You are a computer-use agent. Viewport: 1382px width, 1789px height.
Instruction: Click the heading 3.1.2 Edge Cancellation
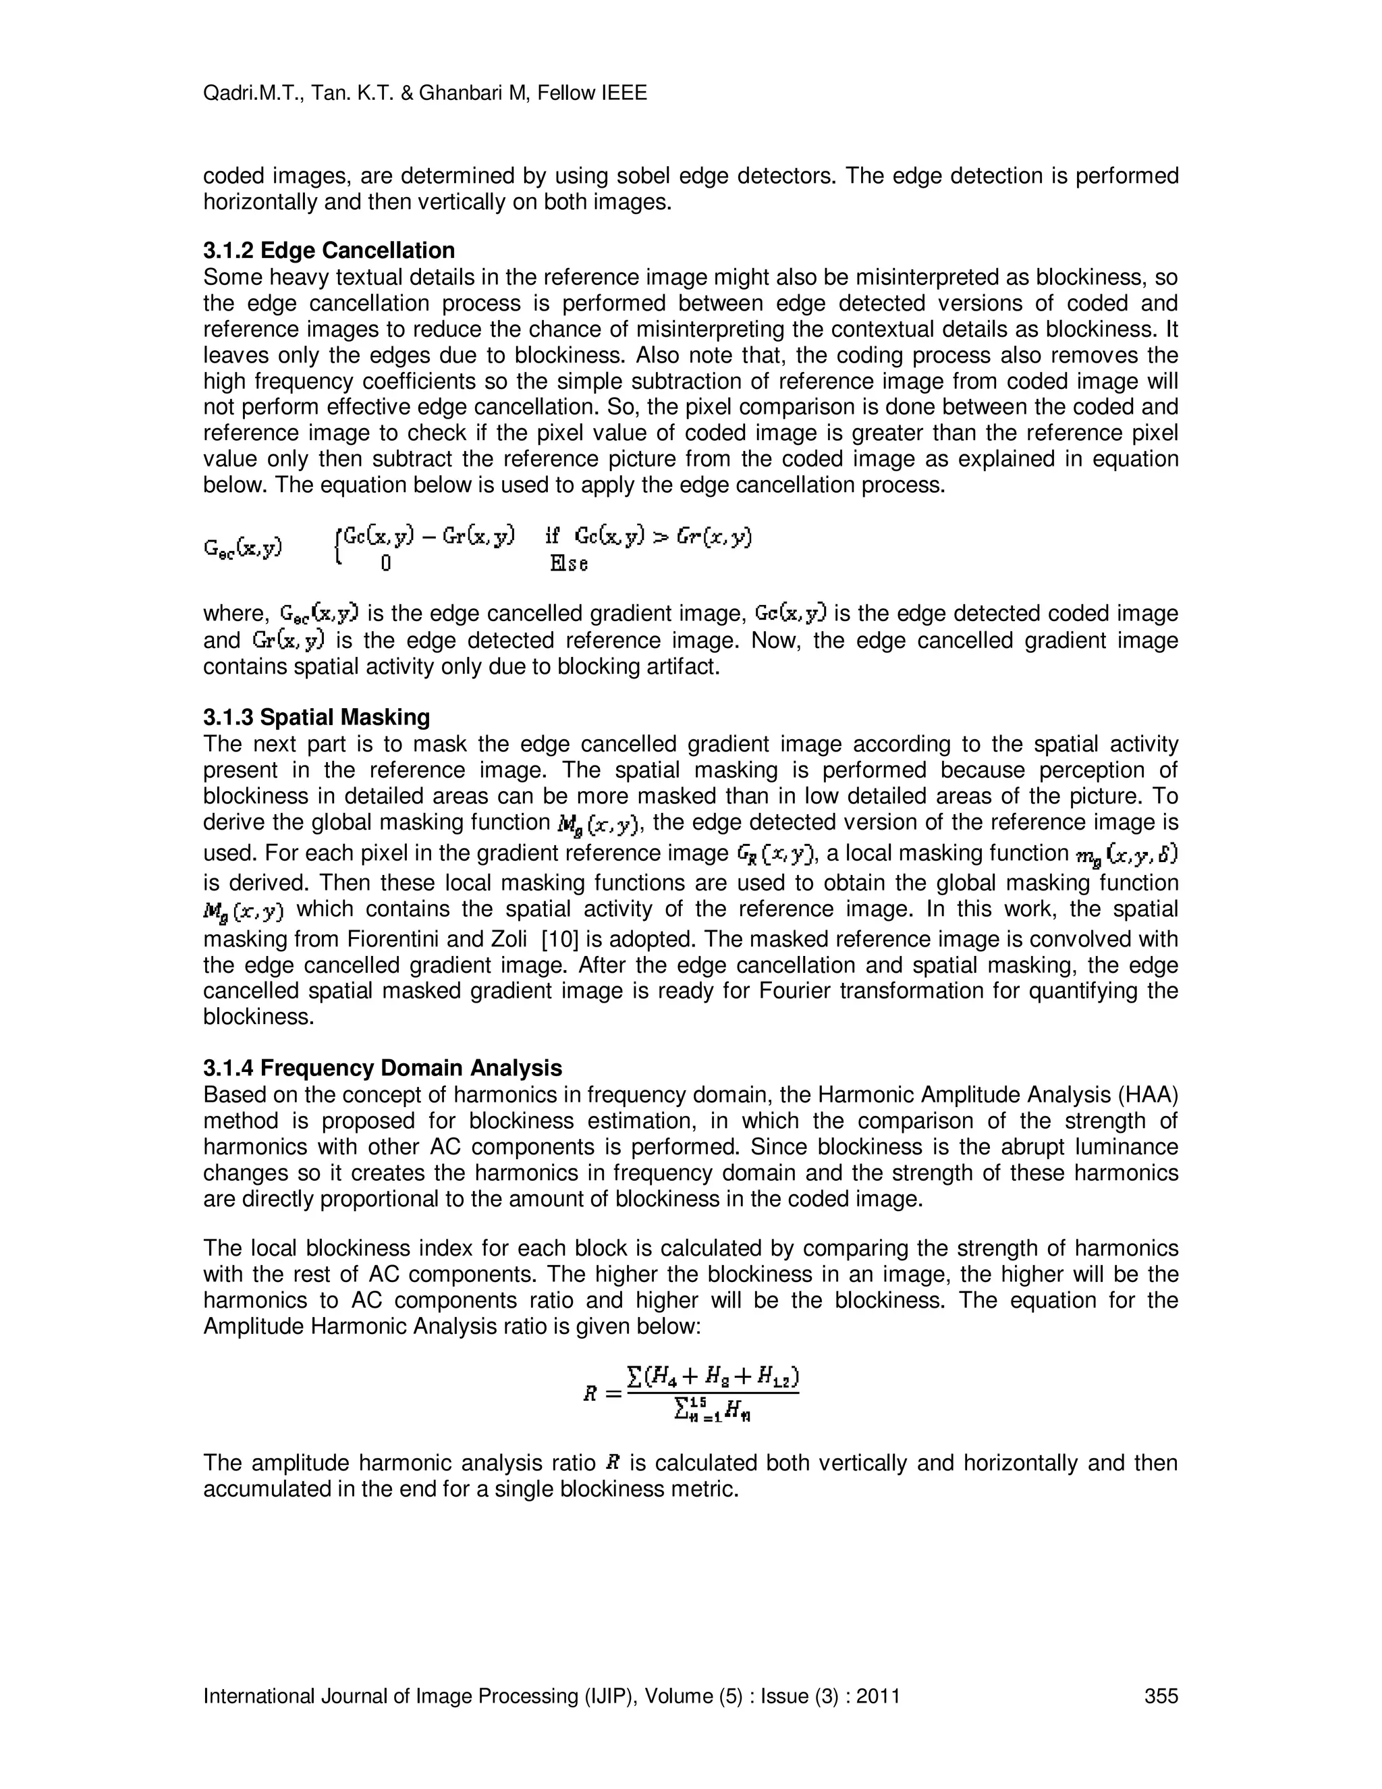click(x=329, y=250)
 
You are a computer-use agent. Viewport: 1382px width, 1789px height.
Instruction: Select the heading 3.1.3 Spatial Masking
click(x=316, y=718)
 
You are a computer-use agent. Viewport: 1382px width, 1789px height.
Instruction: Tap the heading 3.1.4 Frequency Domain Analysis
click(x=383, y=1068)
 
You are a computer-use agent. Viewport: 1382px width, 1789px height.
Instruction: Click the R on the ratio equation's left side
click(x=590, y=1393)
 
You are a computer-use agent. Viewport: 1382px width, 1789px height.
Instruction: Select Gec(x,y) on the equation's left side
click(x=242, y=548)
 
